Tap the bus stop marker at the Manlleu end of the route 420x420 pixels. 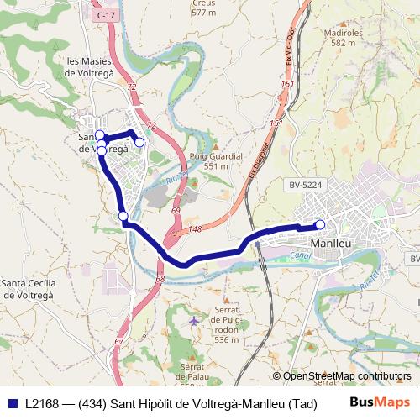320,224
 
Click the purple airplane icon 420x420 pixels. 196,320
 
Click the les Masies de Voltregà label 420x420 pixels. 91,67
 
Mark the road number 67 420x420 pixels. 118,341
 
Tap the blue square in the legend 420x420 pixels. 12,403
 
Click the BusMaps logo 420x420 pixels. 380,403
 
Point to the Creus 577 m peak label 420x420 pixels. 203,8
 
